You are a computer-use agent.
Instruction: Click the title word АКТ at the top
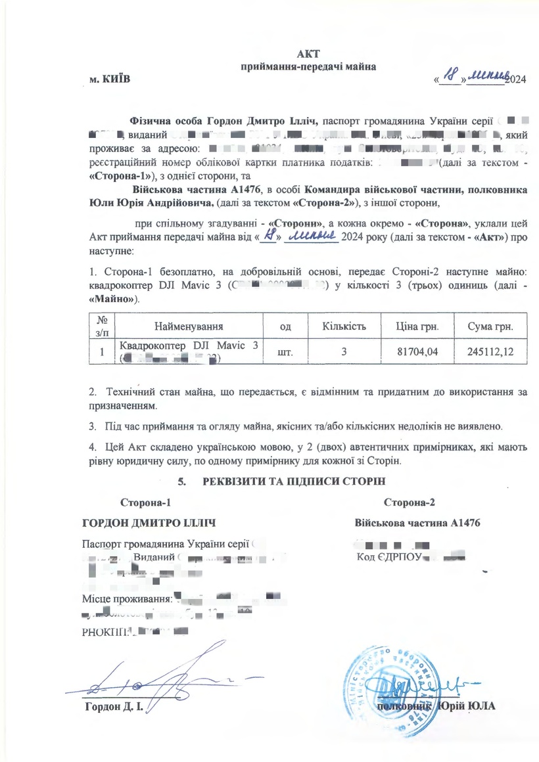tap(308, 53)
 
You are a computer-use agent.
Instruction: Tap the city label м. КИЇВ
tap(110, 79)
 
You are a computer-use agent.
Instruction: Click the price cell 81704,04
tap(417, 352)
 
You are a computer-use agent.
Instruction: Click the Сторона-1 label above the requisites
tap(145, 503)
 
